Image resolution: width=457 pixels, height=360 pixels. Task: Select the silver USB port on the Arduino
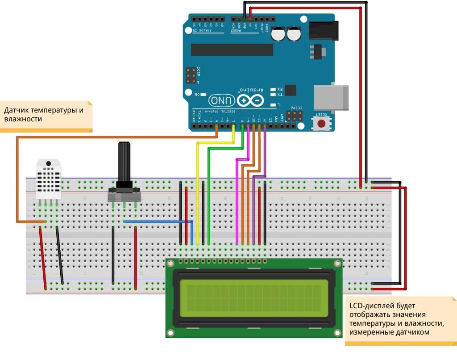(332, 97)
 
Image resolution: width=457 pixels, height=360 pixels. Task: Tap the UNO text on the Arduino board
(220, 101)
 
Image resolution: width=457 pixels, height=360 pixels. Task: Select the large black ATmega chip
(232, 50)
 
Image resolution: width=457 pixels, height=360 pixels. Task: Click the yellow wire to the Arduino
(197, 192)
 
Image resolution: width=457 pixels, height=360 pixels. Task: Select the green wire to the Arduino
(208, 196)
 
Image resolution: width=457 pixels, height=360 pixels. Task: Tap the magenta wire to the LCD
(237, 201)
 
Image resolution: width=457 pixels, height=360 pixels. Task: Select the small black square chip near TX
(290, 90)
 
